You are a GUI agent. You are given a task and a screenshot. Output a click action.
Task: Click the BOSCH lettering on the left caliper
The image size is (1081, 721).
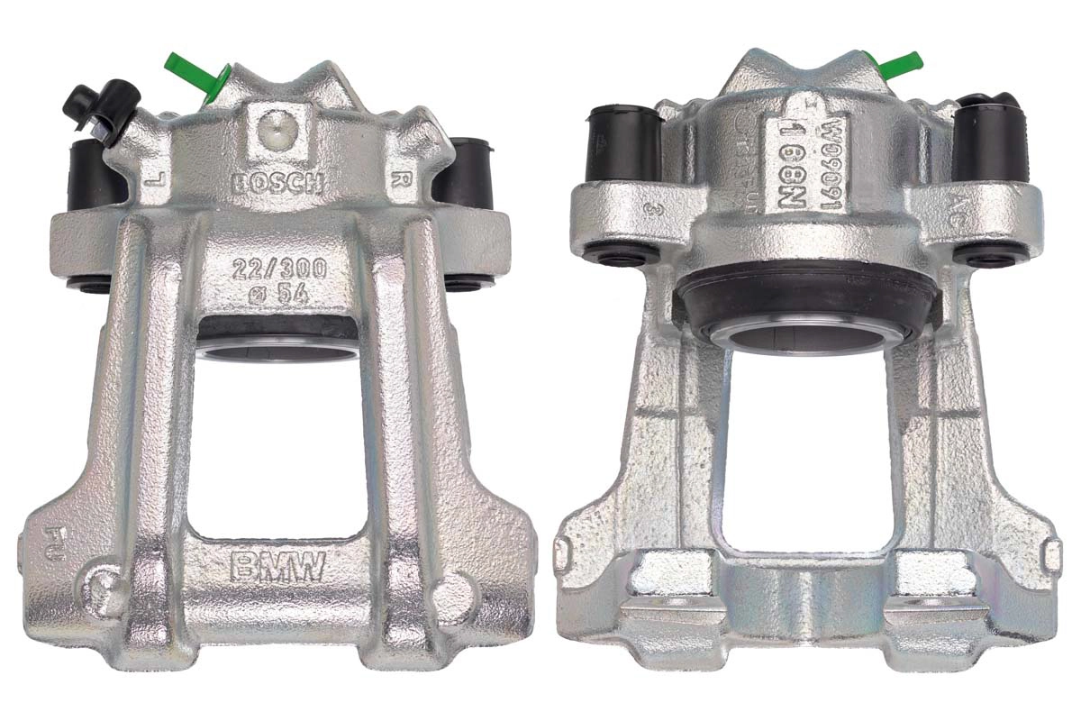click(x=277, y=183)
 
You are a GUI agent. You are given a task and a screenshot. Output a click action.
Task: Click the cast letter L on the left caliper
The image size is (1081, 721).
click(x=155, y=180)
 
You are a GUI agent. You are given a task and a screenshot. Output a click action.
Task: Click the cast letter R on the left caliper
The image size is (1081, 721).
click(x=397, y=178)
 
